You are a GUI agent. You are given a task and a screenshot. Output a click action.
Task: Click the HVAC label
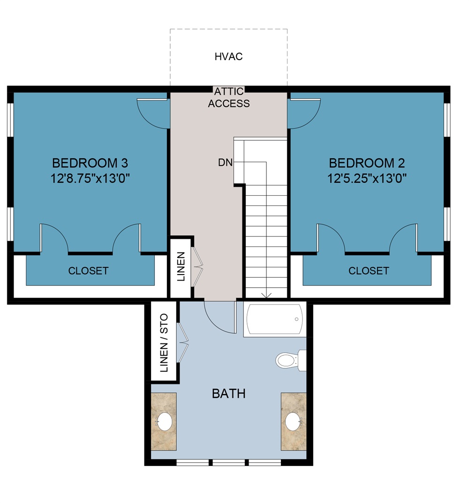click(x=228, y=57)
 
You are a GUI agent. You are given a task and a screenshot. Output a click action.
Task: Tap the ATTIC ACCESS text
click(x=229, y=98)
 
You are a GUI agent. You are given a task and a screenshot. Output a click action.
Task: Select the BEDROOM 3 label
click(x=90, y=163)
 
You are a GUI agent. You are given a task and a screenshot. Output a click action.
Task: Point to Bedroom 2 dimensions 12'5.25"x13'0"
click(x=367, y=178)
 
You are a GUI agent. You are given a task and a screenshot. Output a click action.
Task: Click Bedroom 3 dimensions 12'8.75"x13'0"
click(x=90, y=178)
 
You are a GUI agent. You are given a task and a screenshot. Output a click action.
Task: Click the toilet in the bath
click(x=287, y=360)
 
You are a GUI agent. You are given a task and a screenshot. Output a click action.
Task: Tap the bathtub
click(x=274, y=319)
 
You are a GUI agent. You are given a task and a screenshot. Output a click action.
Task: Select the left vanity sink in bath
click(x=164, y=421)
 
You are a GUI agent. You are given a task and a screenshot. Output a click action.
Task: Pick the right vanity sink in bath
click(x=293, y=421)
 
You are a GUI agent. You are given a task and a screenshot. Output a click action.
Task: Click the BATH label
click(x=228, y=393)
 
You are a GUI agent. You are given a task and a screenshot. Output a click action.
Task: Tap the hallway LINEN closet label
click(x=181, y=267)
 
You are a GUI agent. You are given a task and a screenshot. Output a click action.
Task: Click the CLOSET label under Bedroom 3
click(x=88, y=271)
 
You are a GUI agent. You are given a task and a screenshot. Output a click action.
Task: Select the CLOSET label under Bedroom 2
click(x=368, y=271)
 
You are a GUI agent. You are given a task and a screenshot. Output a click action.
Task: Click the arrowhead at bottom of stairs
click(x=266, y=296)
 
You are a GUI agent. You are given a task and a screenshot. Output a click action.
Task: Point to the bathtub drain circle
click(x=297, y=319)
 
